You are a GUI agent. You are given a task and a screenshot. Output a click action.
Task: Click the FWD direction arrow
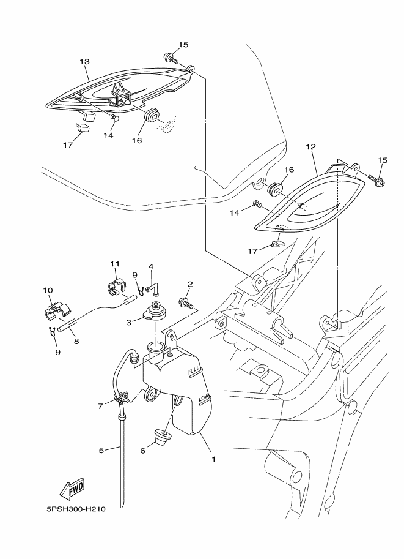pos(72,488)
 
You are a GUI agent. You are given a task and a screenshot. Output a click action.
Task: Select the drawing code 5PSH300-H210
pos(76,509)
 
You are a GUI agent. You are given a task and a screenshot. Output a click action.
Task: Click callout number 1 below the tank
pos(213,460)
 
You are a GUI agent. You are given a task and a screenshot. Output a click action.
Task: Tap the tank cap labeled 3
pos(154,311)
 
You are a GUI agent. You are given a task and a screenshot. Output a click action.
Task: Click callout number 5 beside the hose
pos(101,451)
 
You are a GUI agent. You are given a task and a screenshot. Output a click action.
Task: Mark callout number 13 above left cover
pos(84,62)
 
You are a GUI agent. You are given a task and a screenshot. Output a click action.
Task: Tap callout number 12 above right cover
pos(310,146)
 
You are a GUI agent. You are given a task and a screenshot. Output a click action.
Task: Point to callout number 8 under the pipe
pos(76,341)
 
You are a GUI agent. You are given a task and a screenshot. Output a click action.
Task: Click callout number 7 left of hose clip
pos(101,406)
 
